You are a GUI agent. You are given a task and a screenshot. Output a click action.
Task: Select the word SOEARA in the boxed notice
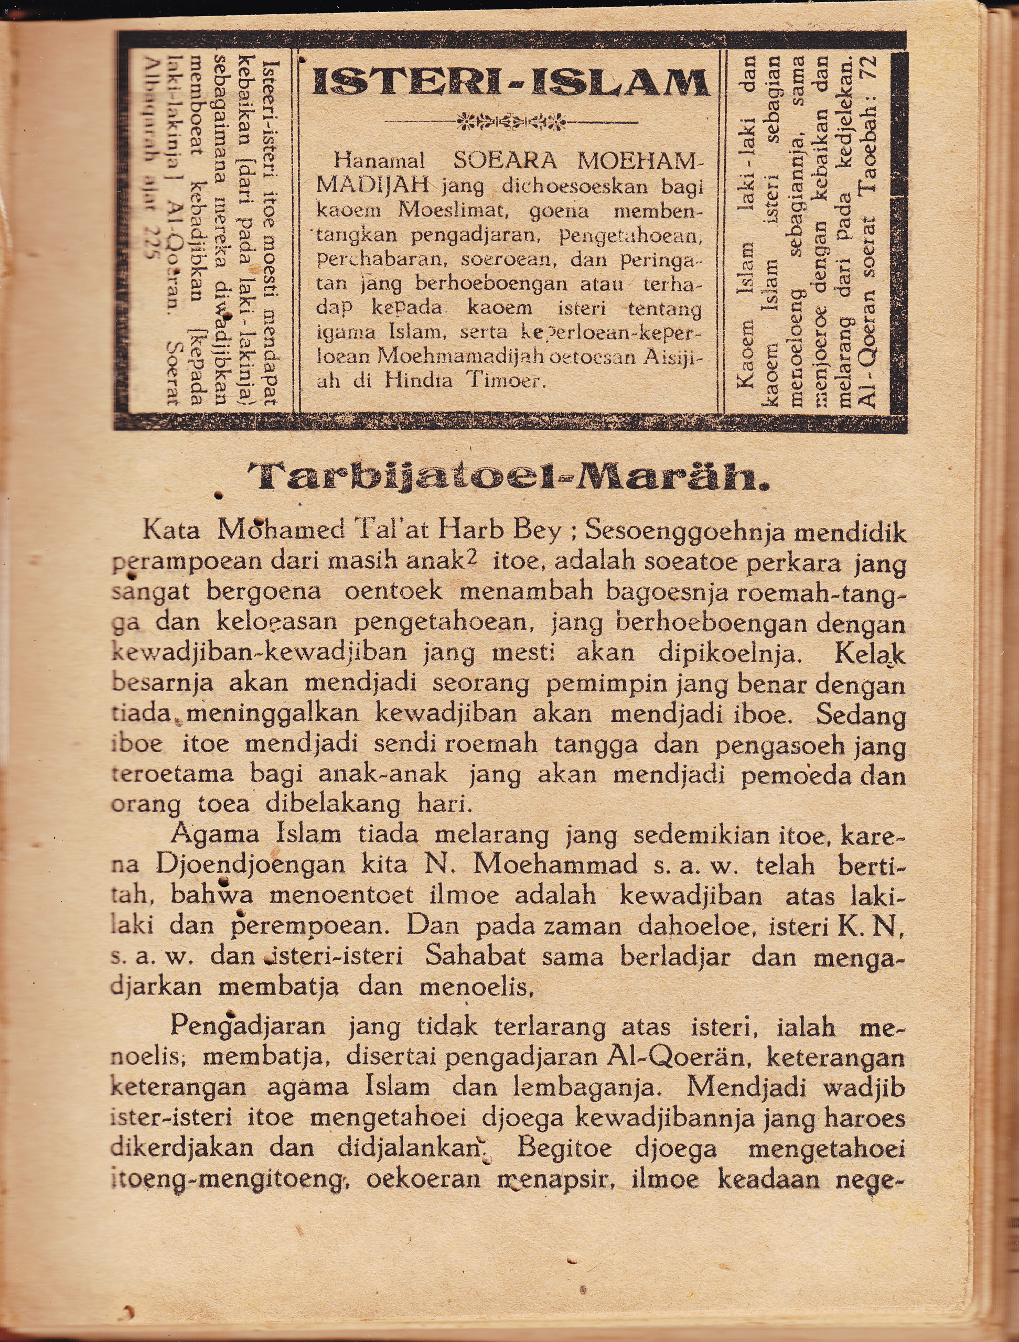[505, 161]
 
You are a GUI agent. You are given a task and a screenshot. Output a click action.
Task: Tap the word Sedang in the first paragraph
[860, 715]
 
